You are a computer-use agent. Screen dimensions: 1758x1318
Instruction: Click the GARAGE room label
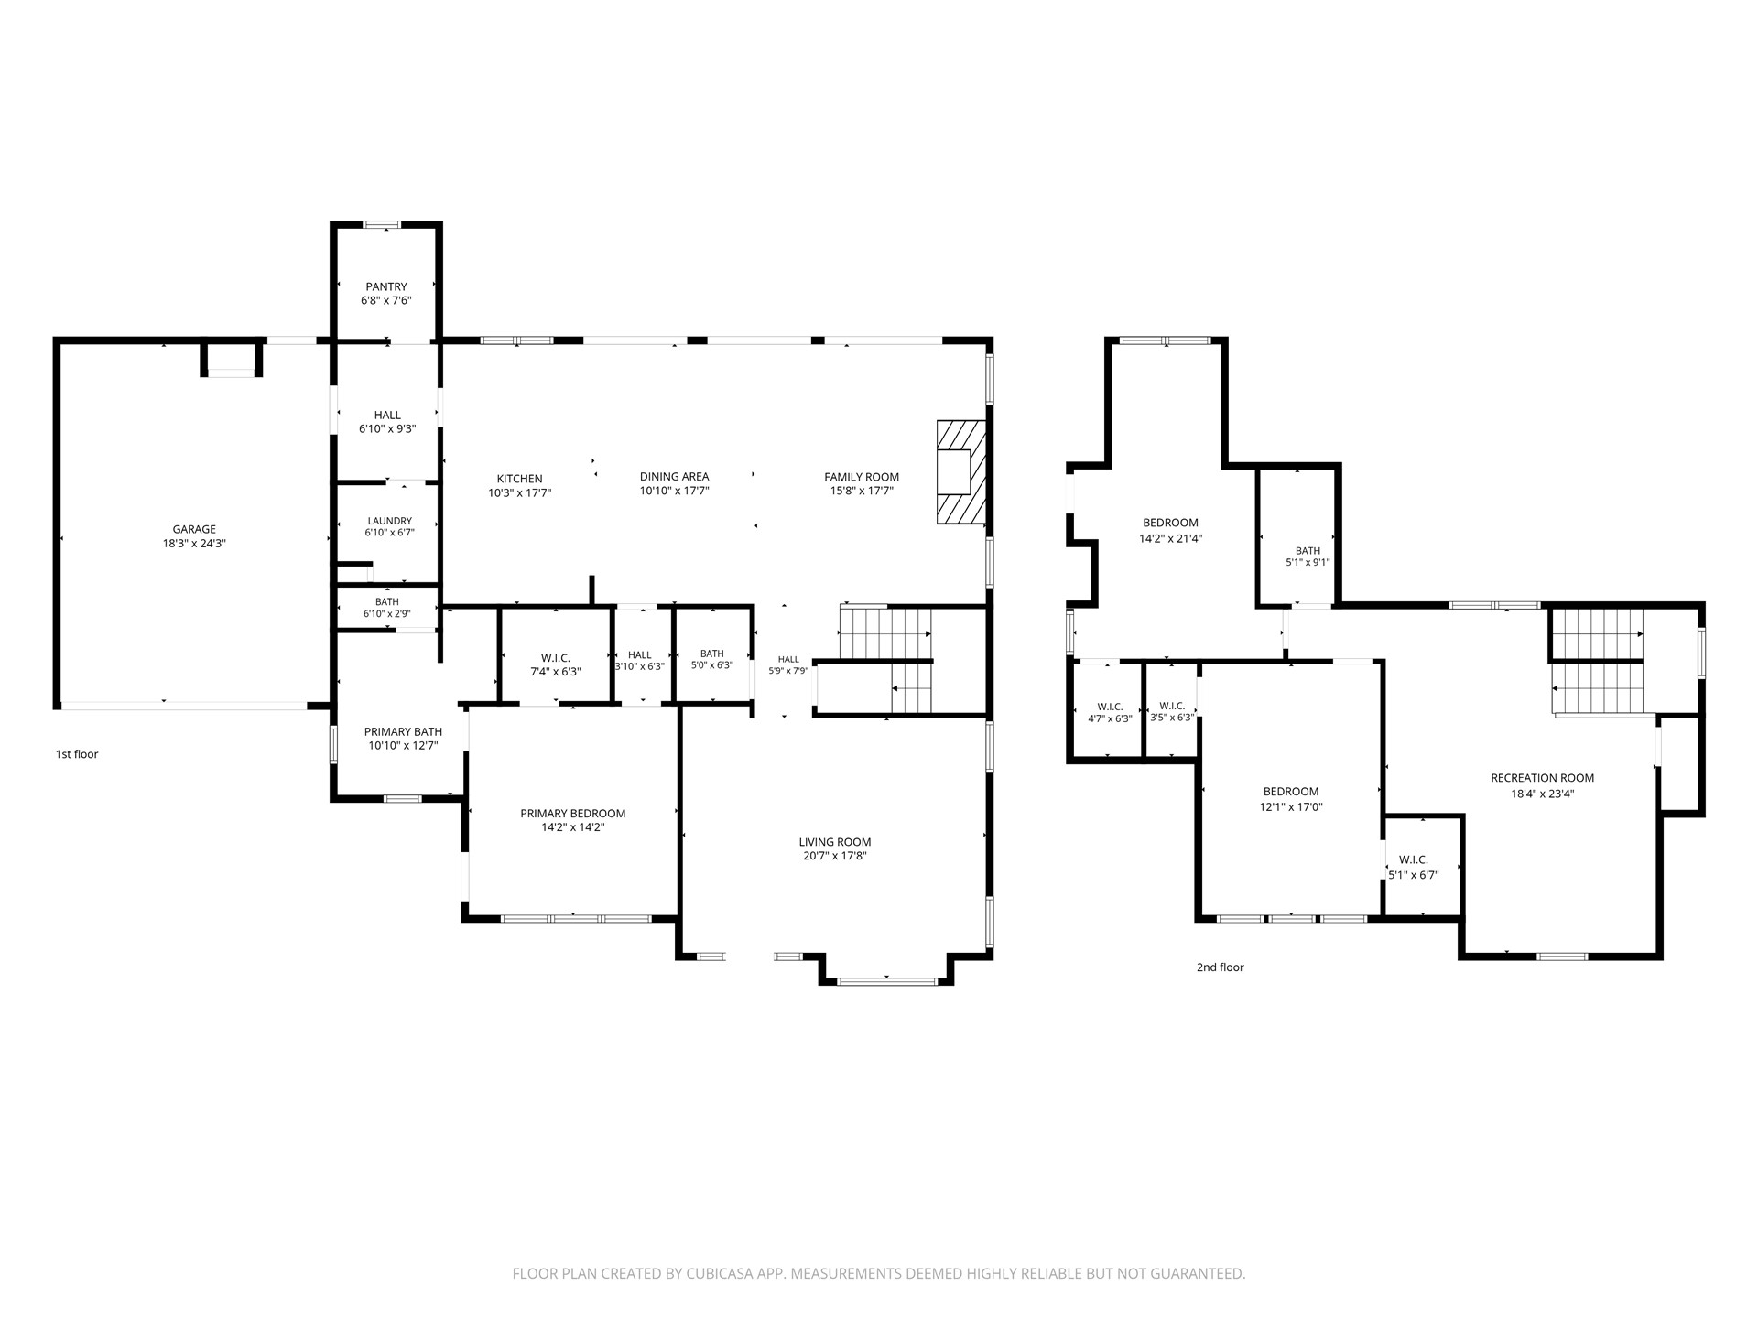tap(194, 529)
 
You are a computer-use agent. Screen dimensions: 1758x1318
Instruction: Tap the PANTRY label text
tap(386, 286)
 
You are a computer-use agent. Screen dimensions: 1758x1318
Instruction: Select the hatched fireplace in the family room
tap(960, 472)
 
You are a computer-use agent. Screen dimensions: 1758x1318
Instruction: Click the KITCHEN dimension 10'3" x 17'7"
tap(520, 492)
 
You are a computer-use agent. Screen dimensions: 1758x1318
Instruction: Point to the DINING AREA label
tap(674, 476)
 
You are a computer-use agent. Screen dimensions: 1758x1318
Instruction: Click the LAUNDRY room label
tap(390, 521)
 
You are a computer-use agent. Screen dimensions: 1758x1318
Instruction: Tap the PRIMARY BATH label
tap(403, 731)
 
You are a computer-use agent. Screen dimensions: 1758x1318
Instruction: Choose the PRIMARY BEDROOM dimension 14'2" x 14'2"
tap(573, 827)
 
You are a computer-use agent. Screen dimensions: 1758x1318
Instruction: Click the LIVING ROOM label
tap(835, 842)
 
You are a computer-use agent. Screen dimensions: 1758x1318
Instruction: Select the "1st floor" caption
tap(77, 754)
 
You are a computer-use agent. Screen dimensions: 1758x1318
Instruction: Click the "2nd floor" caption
tap(1221, 967)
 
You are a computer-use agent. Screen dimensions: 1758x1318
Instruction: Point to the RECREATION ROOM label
tap(1543, 778)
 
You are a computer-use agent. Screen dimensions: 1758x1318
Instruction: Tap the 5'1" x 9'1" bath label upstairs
tap(1308, 563)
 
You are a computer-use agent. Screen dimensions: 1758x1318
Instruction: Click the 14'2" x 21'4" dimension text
tap(1170, 538)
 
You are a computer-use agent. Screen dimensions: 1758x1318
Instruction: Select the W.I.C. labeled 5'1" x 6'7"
tap(1414, 868)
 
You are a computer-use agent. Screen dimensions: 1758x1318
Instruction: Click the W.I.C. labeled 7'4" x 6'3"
tap(556, 664)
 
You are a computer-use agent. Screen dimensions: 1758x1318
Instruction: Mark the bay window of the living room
tap(886, 981)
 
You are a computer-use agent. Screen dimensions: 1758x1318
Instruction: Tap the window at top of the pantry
tap(382, 224)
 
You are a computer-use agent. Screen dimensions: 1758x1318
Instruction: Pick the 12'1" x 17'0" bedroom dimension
tap(1291, 807)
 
